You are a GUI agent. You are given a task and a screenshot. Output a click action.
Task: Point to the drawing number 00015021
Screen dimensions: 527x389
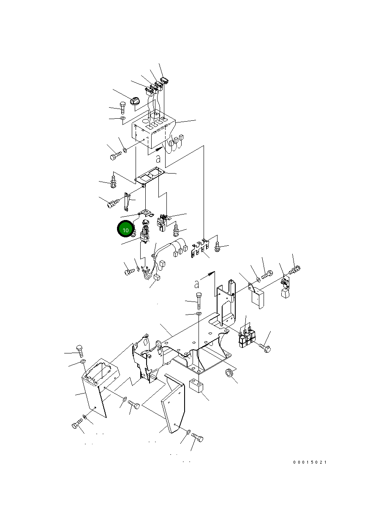click(310, 462)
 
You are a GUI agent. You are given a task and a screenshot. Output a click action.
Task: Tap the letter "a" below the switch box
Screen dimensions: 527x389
click(158, 159)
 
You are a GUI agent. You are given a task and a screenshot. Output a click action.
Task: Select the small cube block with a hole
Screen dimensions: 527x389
click(197, 386)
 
